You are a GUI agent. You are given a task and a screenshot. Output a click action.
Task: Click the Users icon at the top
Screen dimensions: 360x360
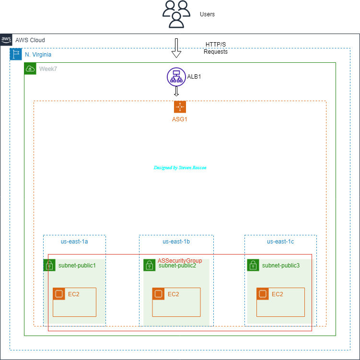(176, 14)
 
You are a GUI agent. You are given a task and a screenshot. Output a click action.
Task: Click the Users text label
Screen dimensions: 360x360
(207, 14)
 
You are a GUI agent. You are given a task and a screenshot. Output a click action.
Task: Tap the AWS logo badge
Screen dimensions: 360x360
(6, 39)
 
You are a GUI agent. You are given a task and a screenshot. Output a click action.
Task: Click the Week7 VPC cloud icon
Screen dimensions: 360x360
(30, 69)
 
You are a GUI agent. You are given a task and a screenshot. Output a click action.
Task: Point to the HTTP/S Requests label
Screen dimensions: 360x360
(215, 48)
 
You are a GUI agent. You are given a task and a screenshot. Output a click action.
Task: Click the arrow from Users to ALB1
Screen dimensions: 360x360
(176, 47)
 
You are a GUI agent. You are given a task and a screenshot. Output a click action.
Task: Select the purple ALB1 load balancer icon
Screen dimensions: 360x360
(176, 77)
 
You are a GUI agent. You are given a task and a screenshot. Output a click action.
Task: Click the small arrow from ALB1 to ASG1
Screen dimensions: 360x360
(176, 91)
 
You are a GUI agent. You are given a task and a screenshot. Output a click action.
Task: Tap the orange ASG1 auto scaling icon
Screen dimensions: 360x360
(180, 106)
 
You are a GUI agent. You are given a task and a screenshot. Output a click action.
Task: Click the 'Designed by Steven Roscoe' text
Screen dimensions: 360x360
(180, 168)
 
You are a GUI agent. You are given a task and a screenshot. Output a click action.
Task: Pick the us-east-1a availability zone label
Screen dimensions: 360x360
(74, 242)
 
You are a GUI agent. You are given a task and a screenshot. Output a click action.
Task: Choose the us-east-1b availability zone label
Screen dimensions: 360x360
(176, 242)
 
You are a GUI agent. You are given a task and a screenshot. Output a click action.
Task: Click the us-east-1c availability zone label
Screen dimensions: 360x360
(280, 242)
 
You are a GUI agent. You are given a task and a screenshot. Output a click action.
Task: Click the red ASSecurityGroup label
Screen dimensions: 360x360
(180, 260)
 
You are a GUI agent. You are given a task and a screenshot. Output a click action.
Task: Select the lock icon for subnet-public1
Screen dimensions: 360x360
(49, 265)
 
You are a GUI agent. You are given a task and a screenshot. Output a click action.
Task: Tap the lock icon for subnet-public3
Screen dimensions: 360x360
(253, 265)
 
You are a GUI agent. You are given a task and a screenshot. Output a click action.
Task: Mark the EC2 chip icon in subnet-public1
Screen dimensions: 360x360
(59, 294)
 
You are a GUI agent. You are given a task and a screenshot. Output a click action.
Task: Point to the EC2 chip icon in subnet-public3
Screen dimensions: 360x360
(263, 294)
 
